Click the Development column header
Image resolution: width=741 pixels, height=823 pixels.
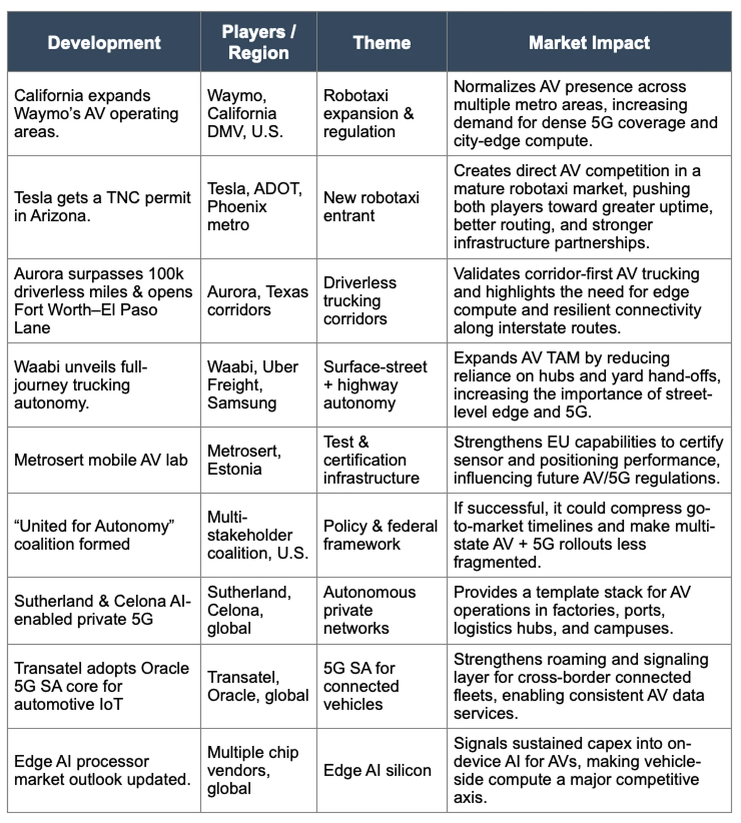tap(104, 43)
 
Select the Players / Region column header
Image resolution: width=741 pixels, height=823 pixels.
tap(259, 42)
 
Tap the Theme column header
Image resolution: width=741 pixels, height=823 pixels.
tap(381, 43)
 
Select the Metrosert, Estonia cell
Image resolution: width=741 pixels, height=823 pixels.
tap(244, 460)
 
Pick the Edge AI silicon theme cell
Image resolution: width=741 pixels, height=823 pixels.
tap(377, 770)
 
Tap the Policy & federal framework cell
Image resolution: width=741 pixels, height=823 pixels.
tap(380, 535)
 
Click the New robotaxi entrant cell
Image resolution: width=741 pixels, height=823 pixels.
tap(371, 207)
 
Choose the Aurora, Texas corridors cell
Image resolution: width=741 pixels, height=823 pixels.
tap(257, 301)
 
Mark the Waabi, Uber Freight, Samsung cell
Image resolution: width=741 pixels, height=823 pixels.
tap(252, 385)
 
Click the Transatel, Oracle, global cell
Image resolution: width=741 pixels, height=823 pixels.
tap(258, 686)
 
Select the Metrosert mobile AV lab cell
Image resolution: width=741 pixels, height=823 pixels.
tap(101, 460)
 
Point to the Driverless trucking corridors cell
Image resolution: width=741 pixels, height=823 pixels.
tap(360, 301)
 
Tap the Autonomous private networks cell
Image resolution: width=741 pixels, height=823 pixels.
tap(369, 610)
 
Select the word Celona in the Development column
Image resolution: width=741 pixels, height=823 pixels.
tap(140, 601)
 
